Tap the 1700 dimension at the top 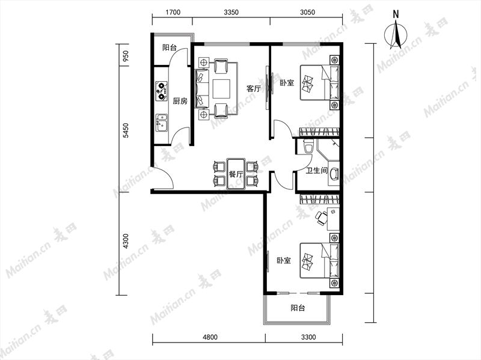(173, 12)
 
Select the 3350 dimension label (231, 12)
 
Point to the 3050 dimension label (307, 12)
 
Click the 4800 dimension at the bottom (210, 337)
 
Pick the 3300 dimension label (308, 337)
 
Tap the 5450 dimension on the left (126, 130)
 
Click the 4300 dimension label (126, 242)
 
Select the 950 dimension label (126, 56)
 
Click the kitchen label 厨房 (180, 101)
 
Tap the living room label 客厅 (254, 89)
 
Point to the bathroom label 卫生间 (317, 171)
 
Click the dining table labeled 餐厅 (236, 174)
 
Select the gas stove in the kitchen (161, 91)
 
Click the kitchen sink (161, 123)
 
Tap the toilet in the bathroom (308, 147)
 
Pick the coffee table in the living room (221, 89)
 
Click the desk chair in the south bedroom (322, 218)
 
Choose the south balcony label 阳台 (298, 308)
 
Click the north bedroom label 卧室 (287, 83)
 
